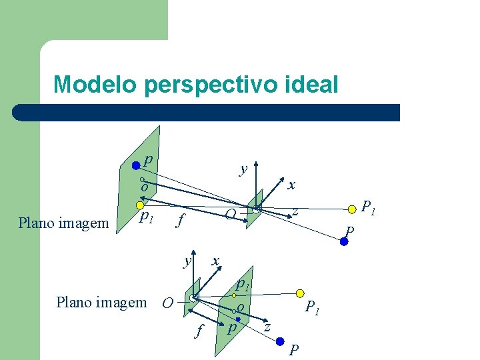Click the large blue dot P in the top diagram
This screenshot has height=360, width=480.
344,242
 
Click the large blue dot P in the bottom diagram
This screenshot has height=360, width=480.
280,341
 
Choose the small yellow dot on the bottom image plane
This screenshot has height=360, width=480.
234,295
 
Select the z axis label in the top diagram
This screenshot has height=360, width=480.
295,212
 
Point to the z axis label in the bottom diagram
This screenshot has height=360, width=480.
267,327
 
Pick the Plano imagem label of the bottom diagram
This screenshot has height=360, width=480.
101,303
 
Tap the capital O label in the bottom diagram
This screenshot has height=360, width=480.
168,304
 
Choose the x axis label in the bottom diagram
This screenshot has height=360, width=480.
215,261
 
